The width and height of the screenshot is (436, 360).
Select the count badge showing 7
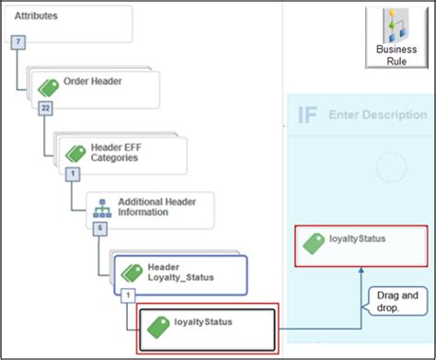(x=17, y=42)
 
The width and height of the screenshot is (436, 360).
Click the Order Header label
(x=93, y=81)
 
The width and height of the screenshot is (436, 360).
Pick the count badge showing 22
(x=44, y=109)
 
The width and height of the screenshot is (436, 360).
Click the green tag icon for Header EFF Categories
(x=75, y=152)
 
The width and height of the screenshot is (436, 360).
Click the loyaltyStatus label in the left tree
(x=202, y=321)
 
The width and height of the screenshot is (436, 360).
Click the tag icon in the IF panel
(x=314, y=245)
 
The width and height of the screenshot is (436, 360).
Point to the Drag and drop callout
(x=396, y=301)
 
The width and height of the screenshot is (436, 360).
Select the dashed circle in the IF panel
(x=391, y=167)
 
